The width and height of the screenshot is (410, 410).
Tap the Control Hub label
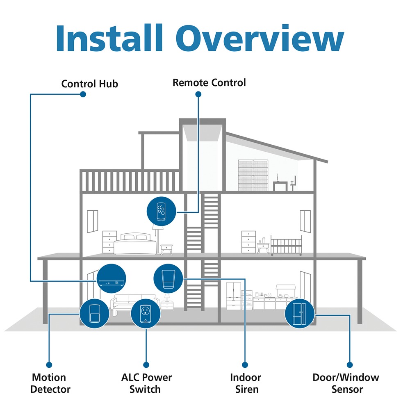pyautogui.click(x=89, y=84)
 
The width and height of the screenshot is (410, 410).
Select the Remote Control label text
pyautogui.click(x=209, y=83)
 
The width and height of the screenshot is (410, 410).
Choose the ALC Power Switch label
pyautogui.click(x=146, y=383)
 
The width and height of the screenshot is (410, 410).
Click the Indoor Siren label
pyautogui.click(x=246, y=383)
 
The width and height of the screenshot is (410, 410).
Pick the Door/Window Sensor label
pyautogui.click(x=346, y=383)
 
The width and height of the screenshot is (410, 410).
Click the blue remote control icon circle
pyautogui.click(x=161, y=212)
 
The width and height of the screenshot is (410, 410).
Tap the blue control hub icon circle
pyautogui.click(x=112, y=278)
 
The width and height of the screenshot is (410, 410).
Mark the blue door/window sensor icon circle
pyautogui.click(x=300, y=314)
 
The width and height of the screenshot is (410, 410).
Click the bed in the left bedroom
pyautogui.click(x=135, y=244)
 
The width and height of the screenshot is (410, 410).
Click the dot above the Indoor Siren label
pyautogui.click(x=245, y=364)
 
